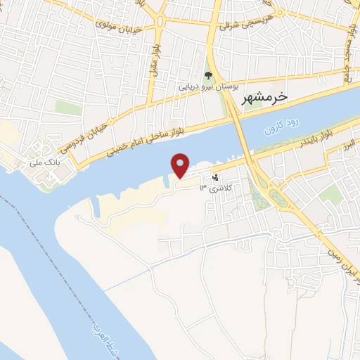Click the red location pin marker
[x=181, y=165]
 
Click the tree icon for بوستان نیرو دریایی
[x=207, y=75]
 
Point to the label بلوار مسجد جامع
[x=348, y=56]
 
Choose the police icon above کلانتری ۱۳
[x=215, y=177]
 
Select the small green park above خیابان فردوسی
[x=68, y=108]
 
